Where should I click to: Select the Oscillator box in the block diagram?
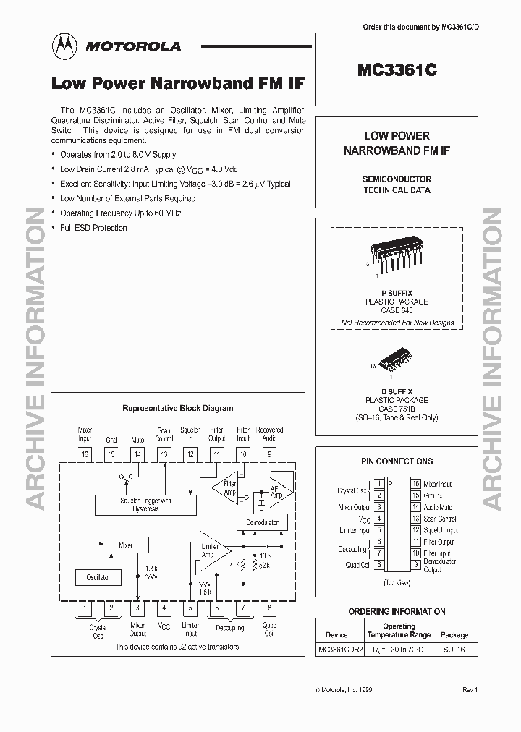[x=98, y=577]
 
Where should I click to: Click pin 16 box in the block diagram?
[x=85, y=454]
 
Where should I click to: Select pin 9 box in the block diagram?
[x=269, y=454]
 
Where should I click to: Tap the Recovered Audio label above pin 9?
[x=270, y=433]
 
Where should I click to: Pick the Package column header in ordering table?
[x=454, y=634]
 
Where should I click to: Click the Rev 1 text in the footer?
[x=470, y=690]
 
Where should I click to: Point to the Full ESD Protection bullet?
[x=93, y=228]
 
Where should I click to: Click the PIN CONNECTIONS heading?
[x=397, y=461]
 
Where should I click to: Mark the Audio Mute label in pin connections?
[x=439, y=507]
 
